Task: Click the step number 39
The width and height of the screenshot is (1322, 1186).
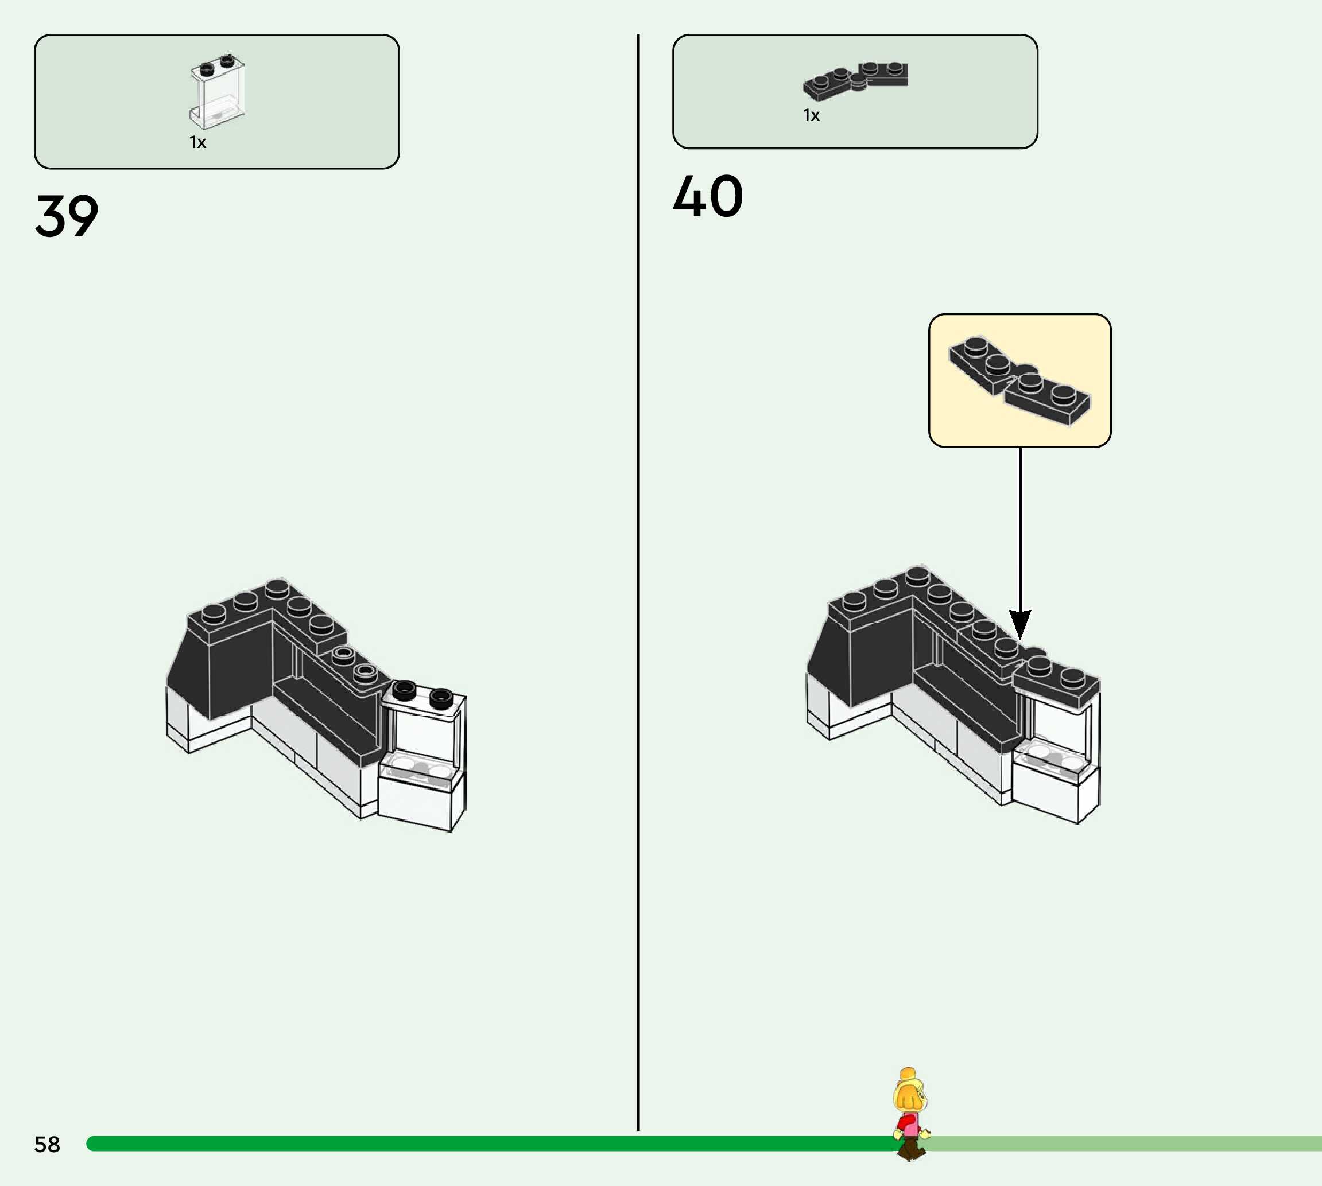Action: [x=67, y=216]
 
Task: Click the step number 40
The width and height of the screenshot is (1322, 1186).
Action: [x=707, y=196]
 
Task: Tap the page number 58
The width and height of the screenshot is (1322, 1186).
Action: [x=47, y=1144]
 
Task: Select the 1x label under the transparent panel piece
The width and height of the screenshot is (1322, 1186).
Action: [x=197, y=142]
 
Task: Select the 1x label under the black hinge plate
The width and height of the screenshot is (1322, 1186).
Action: [x=811, y=115]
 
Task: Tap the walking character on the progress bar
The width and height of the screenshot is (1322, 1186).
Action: [x=910, y=1114]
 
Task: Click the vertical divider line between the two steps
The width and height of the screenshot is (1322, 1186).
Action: [x=638, y=586]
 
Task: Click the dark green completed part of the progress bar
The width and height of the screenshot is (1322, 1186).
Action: [x=456, y=1143]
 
